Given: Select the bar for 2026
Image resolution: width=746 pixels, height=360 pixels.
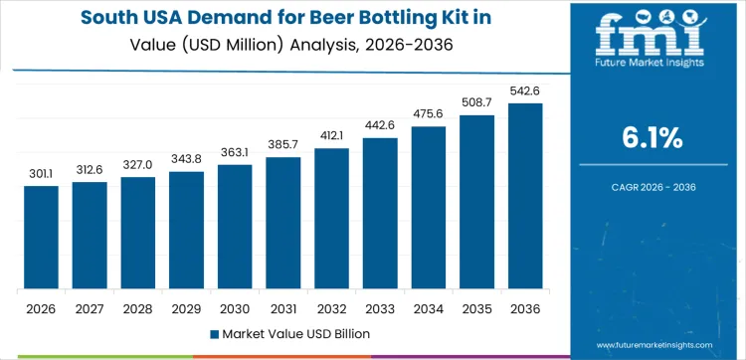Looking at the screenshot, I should [41, 238].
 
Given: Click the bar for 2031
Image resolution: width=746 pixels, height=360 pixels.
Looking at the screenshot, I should [282, 224].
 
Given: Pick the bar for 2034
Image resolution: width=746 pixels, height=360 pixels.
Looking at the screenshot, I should [428, 208].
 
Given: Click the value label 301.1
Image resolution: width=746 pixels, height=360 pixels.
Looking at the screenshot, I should [41, 173].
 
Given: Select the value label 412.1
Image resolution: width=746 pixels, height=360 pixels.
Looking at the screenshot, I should [331, 135].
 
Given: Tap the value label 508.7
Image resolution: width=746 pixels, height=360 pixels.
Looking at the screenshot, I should [476, 101].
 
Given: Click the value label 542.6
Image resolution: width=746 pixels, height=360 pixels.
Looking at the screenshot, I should [525, 90].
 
